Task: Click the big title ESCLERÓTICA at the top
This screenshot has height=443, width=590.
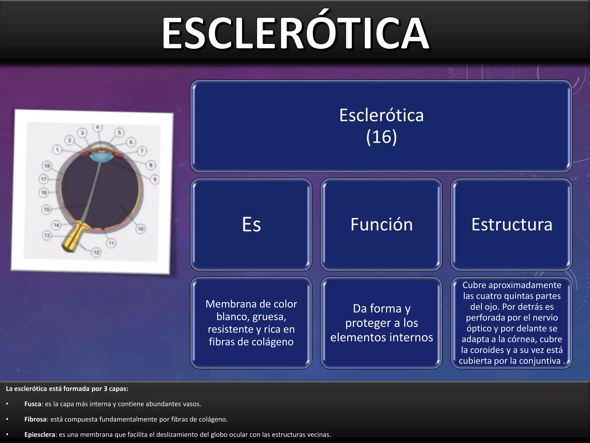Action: (295, 33)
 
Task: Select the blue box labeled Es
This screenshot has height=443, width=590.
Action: (251, 224)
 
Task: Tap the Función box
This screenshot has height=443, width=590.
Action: (381, 224)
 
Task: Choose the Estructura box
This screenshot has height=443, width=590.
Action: (512, 224)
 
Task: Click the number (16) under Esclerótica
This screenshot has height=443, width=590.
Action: (381, 137)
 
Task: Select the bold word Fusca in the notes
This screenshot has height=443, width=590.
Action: (33, 404)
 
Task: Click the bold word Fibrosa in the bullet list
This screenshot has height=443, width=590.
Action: (35, 419)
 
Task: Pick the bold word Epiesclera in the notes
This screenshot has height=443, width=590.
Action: (39, 435)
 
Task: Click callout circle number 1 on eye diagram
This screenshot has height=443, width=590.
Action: (57, 149)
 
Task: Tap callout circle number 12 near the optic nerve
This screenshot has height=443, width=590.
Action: (96, 252)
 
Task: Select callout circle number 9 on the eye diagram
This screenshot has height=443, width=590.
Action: (155, 179)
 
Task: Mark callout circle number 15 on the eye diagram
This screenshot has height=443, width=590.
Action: (47, 209)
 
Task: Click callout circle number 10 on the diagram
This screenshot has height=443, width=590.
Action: (141, 229)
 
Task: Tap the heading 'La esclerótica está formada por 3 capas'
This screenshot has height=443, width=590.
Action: (67, 389)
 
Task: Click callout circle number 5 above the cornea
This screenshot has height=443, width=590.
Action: (119, 132)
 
